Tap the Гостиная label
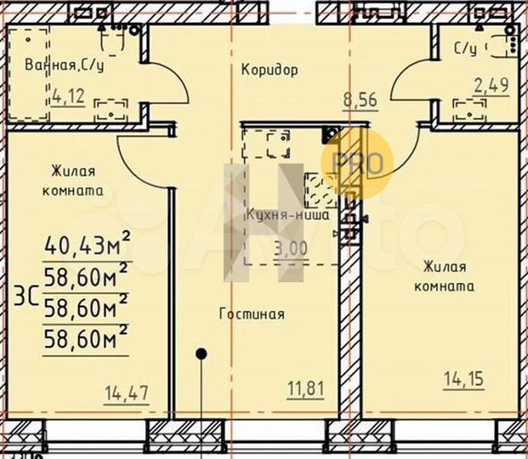252,313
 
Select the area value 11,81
303,391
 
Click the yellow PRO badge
357,162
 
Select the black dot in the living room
202,353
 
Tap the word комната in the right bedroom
444,286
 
